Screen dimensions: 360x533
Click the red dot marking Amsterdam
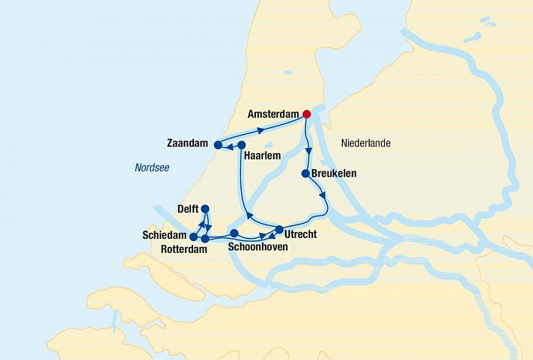pyautogui.click(x=306, y=115)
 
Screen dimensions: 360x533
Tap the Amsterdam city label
pyautogui.click(x=274, y=115)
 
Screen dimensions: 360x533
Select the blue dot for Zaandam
pyautogui.click(x=217, y=145)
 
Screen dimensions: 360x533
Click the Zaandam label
pyautogui.click(x=186, y=142)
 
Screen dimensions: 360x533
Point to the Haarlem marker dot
pyautogui.click(x=242, y=145)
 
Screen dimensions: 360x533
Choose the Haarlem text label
pyautogui.click(x=262, y=156)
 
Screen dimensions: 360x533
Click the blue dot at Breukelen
pyautogui.click(x=305, y=174)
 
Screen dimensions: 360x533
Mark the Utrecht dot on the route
pyautogui.click(x=279, y=230)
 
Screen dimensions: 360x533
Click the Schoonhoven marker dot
pyautogui.click(x=234, y=233)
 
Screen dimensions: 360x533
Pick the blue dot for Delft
pyautogui.click(x=205, y=210)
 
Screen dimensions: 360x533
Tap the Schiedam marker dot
pyautogui.click(x=194, y=237)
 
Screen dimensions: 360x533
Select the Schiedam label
pyautogui.click(x=164, y=235)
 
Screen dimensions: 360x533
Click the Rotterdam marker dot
pyautogui.click(x=205, y=239)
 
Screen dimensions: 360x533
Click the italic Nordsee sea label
pyautogui.click(x=152, y=168)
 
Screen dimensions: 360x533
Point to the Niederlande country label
pyautogui.click(x=366, y=143)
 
